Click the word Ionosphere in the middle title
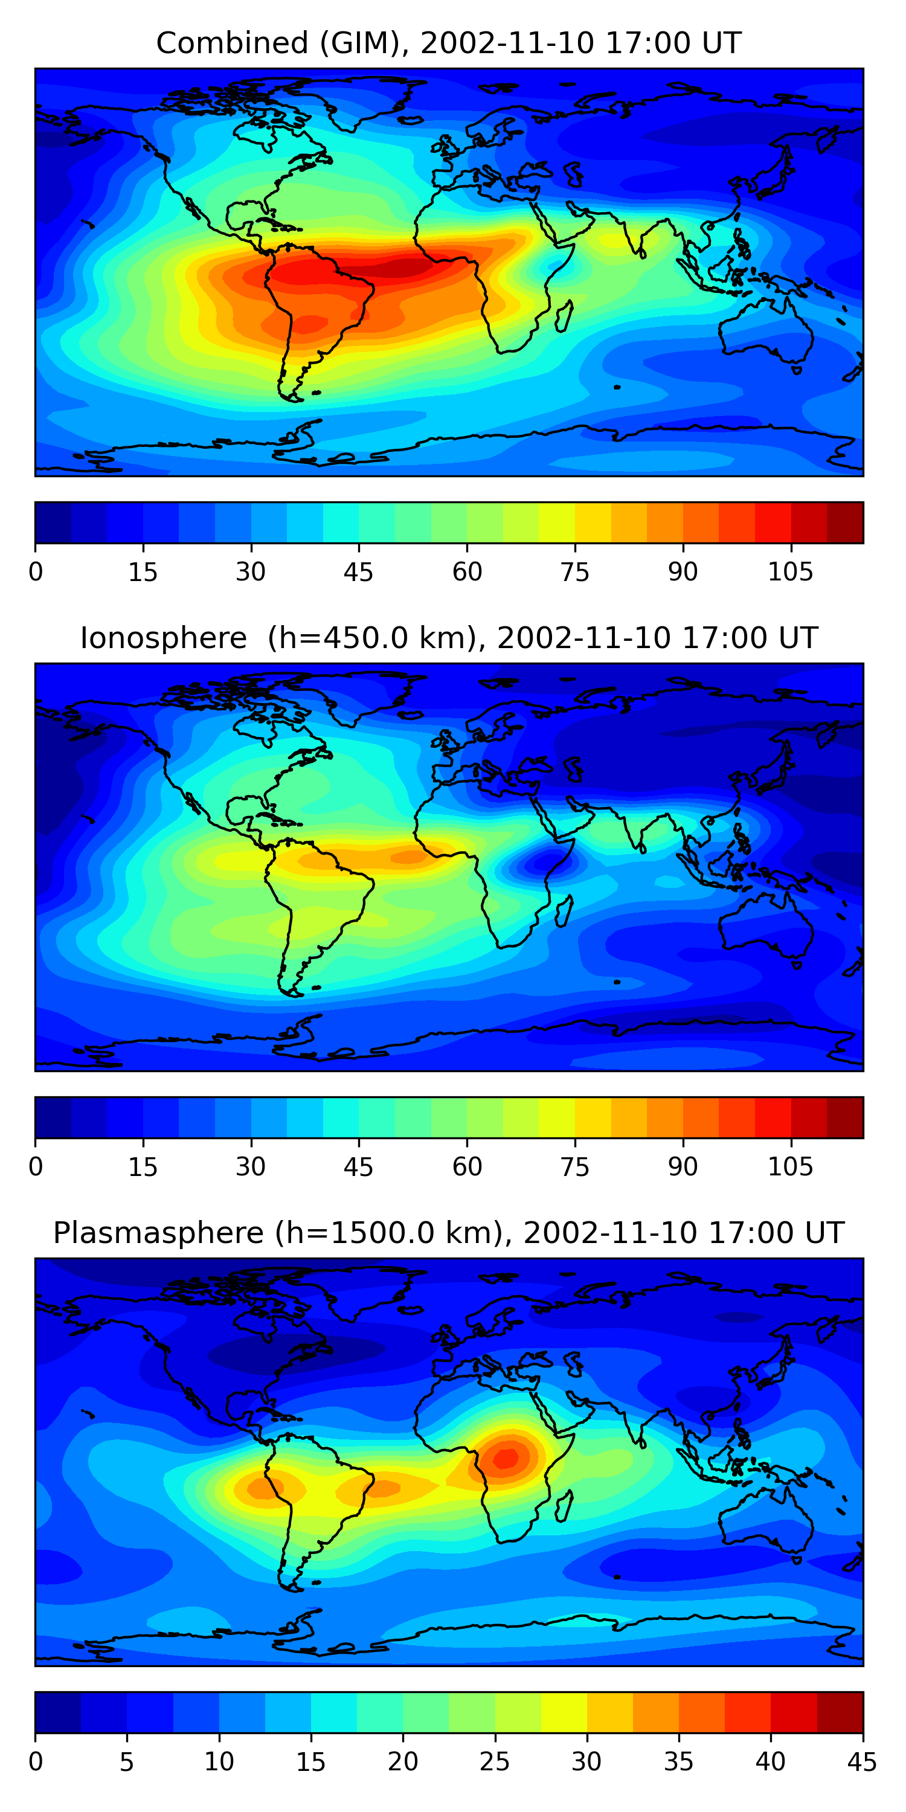tap(163, 638)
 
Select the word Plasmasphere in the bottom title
tap(158, 1233)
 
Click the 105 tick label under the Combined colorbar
tap(790, 573)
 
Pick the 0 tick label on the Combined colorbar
tap(36, 573)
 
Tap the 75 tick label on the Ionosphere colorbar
tap(574, 1167)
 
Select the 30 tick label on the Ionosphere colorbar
tap(251, 1167)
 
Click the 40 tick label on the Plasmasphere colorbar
tap(770, 1762)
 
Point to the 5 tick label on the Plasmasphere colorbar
tap(127, 1762)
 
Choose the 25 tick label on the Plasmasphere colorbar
tap(495, 1762)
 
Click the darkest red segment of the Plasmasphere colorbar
tap(840, 1712)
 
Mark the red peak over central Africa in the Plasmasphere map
tap(506, 1458)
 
